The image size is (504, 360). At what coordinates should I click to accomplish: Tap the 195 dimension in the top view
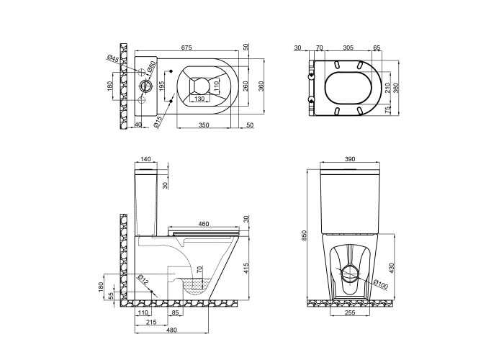[x=162, y=86]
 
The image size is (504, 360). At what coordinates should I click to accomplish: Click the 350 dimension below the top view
[x=204, y=125]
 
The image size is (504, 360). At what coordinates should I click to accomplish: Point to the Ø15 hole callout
[x=158, y=122]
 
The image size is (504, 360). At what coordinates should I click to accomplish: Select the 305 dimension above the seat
[x=348, y=48]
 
